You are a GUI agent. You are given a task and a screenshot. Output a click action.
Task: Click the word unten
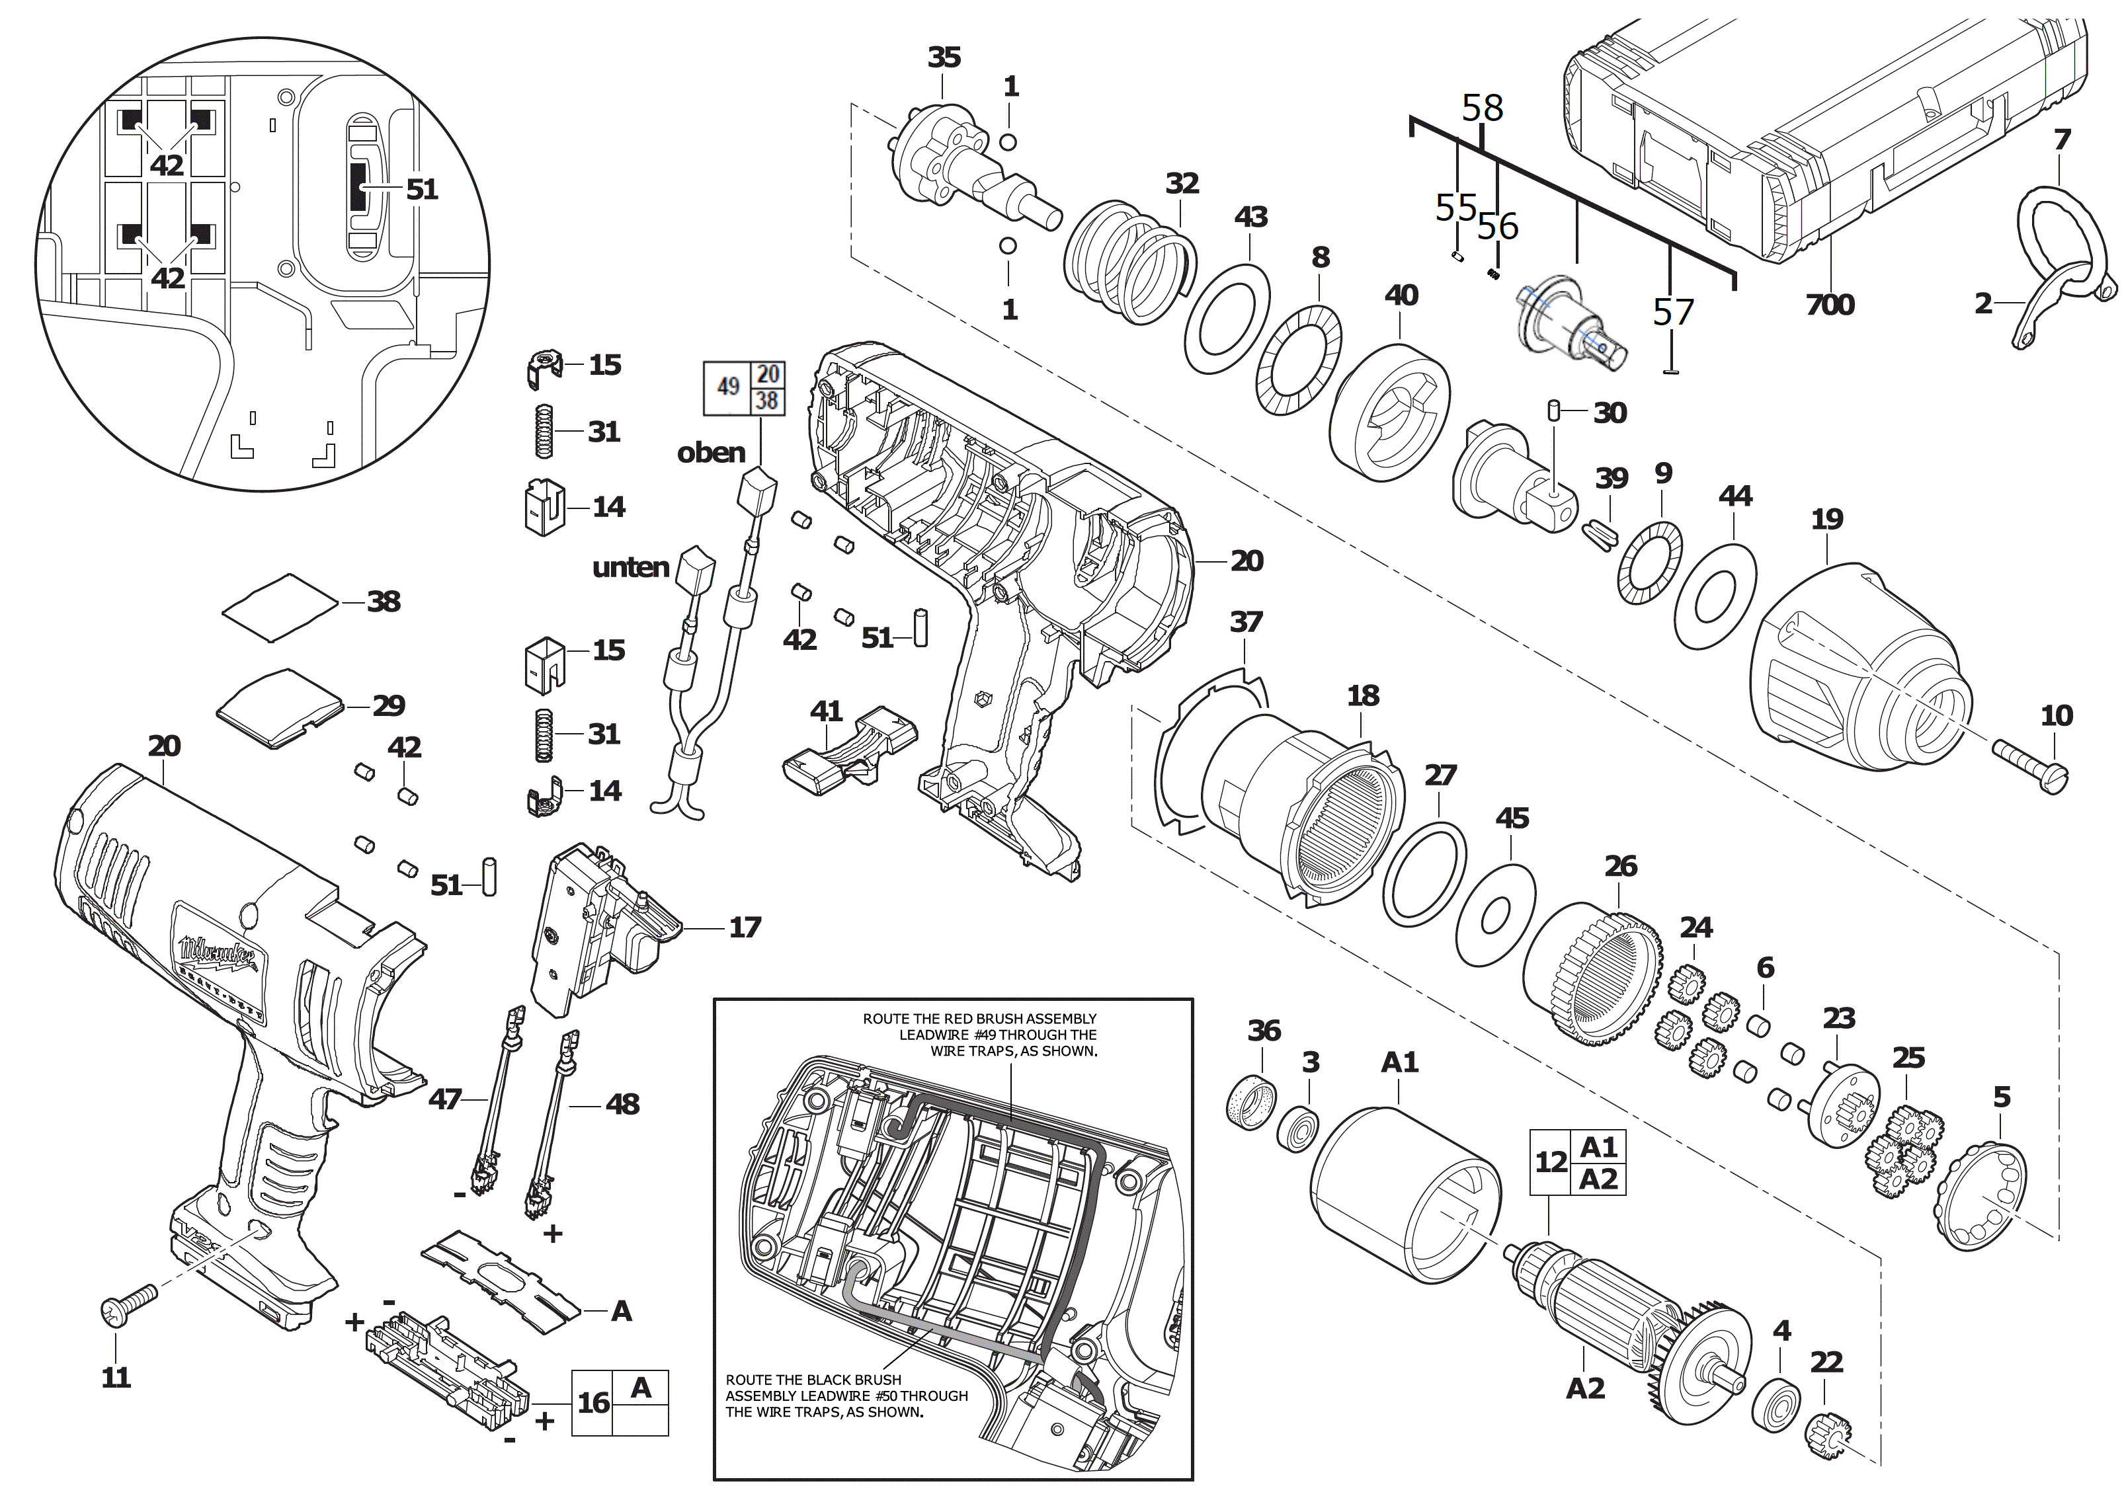[x=631, y=567]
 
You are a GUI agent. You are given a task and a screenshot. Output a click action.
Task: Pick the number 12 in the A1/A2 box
[x=1551, y=1162]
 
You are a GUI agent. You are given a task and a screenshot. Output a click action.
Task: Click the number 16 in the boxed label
[x=593, y=1403]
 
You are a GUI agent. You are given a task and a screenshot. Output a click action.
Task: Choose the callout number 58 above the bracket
[x=1482, y=108]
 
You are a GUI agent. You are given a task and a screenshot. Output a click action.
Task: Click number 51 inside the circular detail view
[x=422, y=190]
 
